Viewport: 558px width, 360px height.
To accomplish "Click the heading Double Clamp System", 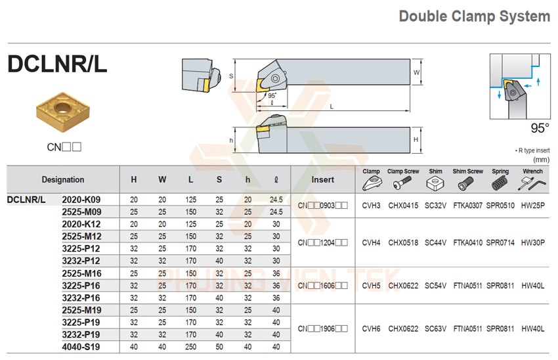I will point(474,16).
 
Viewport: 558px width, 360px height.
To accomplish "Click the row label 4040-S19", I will point(81,347).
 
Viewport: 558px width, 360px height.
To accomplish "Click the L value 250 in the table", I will point(190,347).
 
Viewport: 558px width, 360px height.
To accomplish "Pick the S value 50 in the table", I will point(219,347).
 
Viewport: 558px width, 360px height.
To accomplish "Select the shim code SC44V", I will point(435,242).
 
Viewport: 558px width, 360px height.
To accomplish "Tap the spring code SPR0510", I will point(500,206).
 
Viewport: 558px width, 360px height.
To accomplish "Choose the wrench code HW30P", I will point(532,242).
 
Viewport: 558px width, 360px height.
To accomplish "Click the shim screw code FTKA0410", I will point(467,242).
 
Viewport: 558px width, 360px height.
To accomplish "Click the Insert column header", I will point(322,179).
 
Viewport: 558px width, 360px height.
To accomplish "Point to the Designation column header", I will point(63,179).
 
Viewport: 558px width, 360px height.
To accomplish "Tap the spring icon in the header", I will point(501,185).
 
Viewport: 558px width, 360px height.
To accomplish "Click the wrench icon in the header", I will point(533,185).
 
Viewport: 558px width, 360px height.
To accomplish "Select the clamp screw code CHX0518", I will point(402,242).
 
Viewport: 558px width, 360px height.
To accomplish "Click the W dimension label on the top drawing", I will point(416,72).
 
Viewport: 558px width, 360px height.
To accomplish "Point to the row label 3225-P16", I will point(81,285).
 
